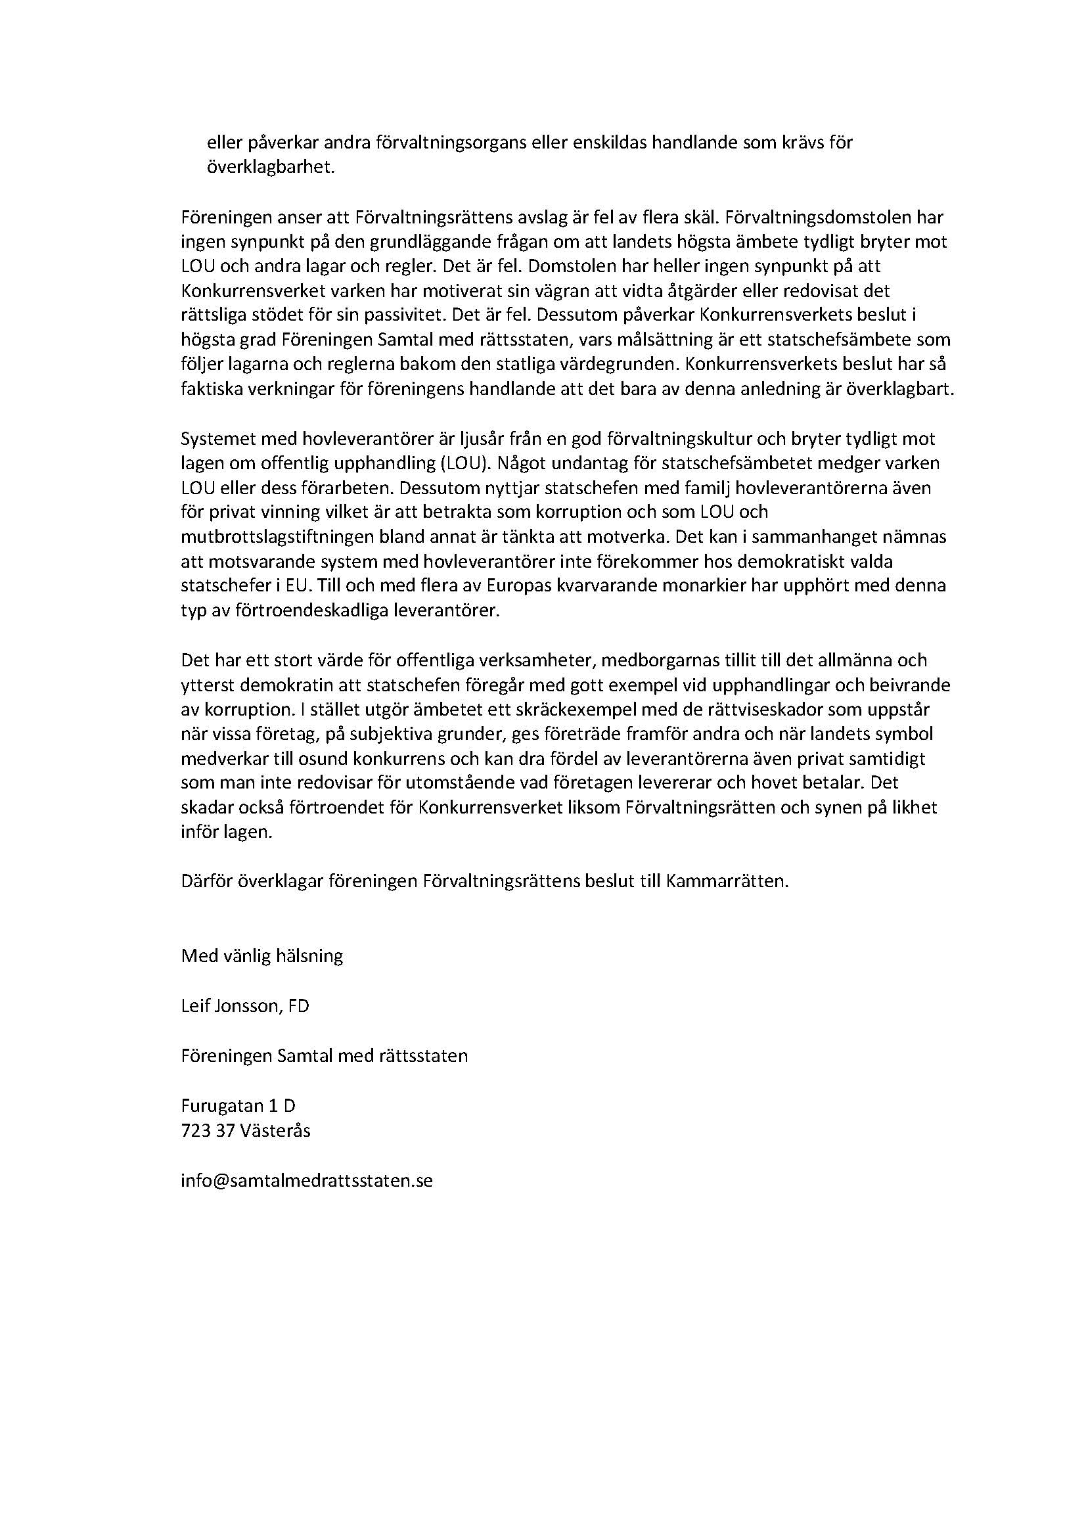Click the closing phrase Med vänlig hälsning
pos(261,955)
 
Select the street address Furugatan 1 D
pos(238,1106)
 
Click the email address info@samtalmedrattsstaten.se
pos(306,1180)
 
